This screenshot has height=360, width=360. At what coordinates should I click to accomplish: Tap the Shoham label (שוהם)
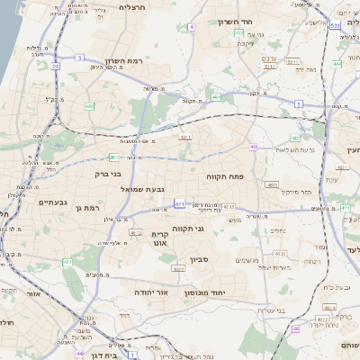348,346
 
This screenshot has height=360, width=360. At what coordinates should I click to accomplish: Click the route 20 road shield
56,66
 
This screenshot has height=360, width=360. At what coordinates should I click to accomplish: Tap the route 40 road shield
254,147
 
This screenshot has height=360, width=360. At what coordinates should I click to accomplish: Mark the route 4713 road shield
229,207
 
